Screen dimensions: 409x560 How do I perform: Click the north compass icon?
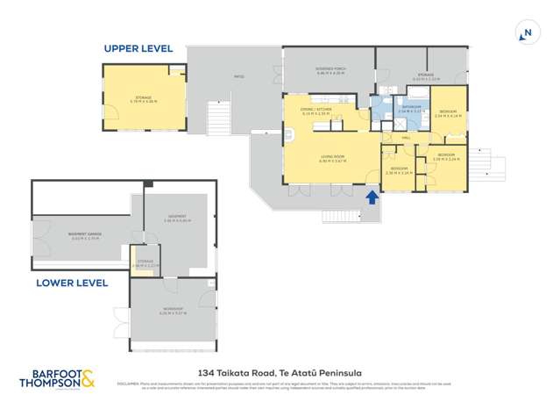point(526,33)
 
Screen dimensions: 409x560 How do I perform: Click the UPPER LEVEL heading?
point(138,48)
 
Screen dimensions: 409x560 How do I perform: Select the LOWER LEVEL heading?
point(72,283)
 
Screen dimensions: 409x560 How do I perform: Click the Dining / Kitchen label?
point(315,111)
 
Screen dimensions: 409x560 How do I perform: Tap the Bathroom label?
point(411,109)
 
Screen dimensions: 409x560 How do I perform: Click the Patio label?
point(238,76)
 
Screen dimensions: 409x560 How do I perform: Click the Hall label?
point(407,138)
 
